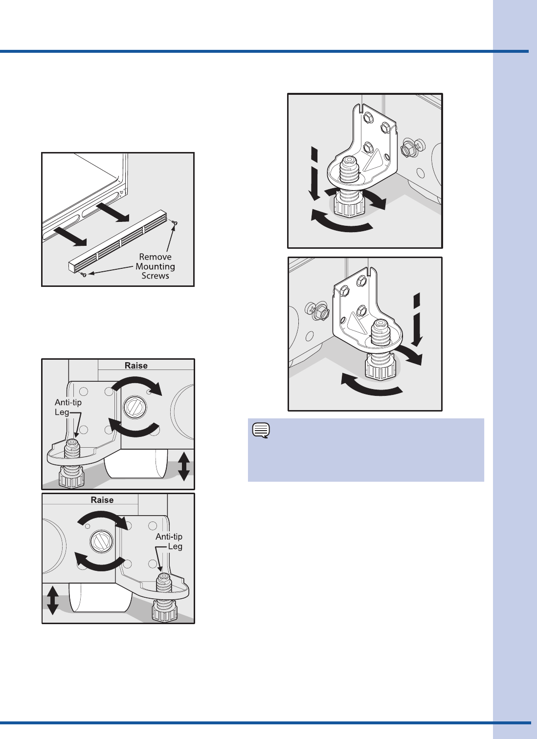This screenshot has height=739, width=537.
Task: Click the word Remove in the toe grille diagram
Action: tap(155, 257)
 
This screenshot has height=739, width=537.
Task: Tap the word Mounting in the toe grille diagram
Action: tap(155, 266)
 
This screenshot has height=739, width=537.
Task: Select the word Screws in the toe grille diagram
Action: tap(155, 276)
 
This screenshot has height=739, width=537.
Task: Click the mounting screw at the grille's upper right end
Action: tap(175, 223)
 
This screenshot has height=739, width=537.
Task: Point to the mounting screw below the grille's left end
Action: tap(84, 274)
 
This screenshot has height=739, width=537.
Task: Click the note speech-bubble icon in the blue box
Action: tap(261, 431)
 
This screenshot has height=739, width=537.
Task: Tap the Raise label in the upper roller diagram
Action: tap(136, 366)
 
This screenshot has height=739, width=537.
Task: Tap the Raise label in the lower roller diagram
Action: tap(102, 500)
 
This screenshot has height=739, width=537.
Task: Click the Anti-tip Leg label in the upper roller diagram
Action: tap(68, 407)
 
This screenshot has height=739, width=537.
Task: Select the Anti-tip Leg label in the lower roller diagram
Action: tap(169, 542)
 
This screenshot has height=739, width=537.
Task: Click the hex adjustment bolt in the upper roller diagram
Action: tap(135, 407)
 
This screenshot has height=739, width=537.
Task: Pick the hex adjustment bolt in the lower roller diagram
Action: tap(102, 542)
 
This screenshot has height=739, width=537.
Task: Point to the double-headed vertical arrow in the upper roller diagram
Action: tap(183, 466)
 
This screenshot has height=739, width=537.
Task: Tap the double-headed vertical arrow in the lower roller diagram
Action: tap(53, 600)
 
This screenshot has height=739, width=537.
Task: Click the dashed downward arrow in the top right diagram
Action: tap(315, 174)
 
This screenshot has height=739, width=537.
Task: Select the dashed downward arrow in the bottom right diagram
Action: tap(417, 320)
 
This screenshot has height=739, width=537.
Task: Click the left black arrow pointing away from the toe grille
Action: tap(70, 236)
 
